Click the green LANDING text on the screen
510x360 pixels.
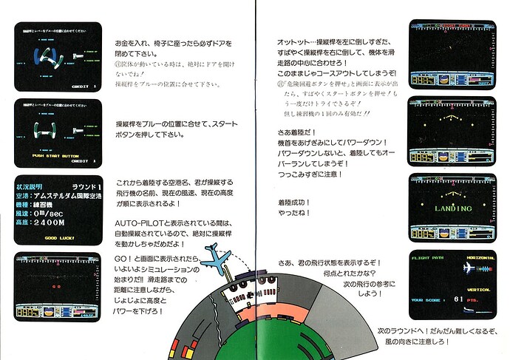[451, 208]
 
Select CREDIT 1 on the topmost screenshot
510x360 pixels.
[86, 87]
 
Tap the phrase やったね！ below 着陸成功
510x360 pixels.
[294, 214]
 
